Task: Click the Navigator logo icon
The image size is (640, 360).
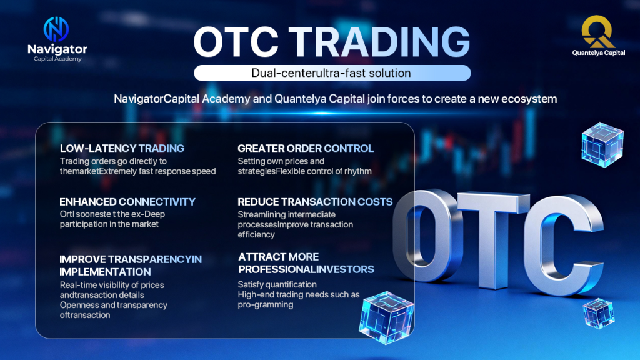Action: [56, 29]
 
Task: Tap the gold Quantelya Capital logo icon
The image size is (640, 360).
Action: [598, 31]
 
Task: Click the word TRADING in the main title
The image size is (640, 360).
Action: [382, 42]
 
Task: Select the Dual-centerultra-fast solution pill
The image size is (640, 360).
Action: [332, 73]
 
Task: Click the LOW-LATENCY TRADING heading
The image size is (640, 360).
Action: [122, 148]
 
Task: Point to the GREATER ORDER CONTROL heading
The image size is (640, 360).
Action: [306, 148]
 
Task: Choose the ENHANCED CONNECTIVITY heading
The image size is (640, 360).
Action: [127, 202]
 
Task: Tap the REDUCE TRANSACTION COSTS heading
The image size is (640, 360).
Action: [315, 202]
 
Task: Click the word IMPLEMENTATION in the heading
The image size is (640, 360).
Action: [105, 272]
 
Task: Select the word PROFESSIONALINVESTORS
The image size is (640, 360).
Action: [306, 269]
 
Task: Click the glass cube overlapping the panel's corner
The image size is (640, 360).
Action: [386, 317]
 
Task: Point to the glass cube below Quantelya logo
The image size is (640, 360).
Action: [602, 145]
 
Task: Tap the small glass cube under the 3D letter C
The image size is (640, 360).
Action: [599, 314]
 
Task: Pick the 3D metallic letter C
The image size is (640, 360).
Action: [565, 245]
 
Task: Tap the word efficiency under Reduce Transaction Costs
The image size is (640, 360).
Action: [256, 235]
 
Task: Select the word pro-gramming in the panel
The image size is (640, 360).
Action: [266, 305]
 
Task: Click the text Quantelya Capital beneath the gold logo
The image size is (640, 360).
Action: [598, 52]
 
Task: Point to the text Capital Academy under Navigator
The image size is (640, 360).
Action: [57, 59]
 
